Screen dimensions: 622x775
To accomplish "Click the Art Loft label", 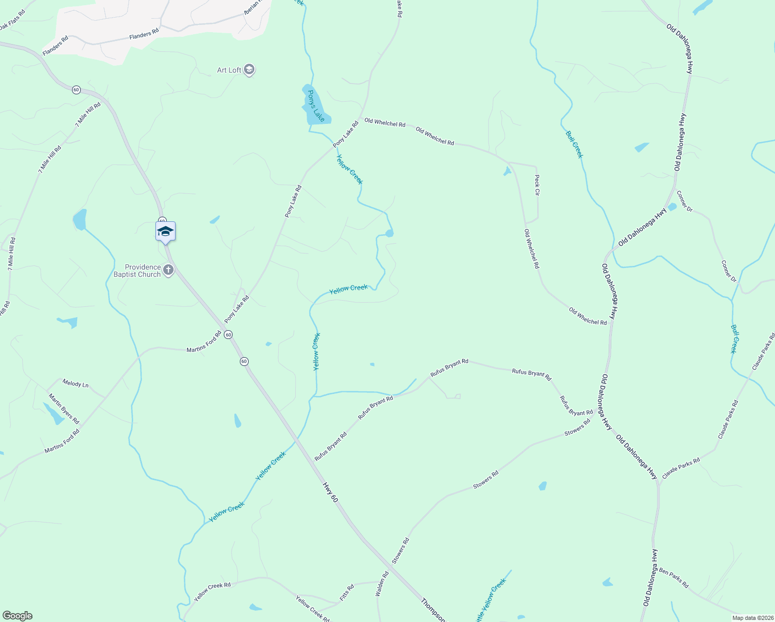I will [229, 70].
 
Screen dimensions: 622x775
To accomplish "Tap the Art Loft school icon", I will [249, 69].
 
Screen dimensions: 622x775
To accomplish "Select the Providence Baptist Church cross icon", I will [168, 270].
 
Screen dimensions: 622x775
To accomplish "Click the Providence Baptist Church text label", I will [137, 271].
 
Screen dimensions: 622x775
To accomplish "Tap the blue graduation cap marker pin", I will [165, 232].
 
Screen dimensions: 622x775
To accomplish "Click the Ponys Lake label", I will [316, 106].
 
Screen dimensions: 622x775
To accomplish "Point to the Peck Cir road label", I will [537, 185].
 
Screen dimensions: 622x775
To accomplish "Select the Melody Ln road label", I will [76, 384].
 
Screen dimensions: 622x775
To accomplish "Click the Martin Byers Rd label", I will [64, 408].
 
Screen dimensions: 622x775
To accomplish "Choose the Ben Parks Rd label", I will [674, 578].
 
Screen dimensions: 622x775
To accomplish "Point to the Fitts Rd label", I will [347, 592].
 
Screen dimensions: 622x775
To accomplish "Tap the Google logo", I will [17, 616].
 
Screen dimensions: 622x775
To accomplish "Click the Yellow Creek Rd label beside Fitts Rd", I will [312, 609].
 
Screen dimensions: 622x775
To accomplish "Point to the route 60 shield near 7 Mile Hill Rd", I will [76, 90].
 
